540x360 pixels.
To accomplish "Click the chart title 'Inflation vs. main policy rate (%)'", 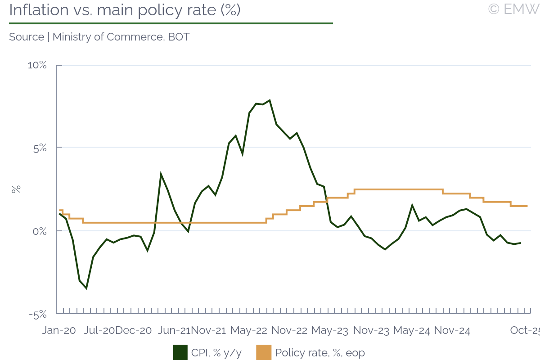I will pos(125,10).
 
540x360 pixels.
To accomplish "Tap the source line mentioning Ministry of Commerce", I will pos(99,37).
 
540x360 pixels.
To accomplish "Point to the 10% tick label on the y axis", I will pos(37,65).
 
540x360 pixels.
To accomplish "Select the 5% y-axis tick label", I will pos(39,148).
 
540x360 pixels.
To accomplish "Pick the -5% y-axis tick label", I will pos(38,314).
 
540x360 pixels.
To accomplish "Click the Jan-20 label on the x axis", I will pos(58,331).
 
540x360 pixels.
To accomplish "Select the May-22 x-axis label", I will pos(249,331).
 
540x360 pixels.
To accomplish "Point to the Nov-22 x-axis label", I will pos(289,331).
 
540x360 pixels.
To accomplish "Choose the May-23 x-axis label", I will pos(330,331).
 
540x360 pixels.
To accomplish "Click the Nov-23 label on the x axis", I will pos(371,331).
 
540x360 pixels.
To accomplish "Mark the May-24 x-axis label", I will pos(411,331).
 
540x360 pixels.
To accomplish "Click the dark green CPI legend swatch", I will pos(180,353).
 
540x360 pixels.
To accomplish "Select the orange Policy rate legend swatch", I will pos(264,353).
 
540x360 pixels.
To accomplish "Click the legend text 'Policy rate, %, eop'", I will pos(319,353).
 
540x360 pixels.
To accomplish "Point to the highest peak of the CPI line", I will pos(269,100).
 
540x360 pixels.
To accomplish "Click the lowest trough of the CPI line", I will pos(86,288).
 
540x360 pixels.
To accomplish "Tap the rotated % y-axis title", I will pos(16,189).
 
